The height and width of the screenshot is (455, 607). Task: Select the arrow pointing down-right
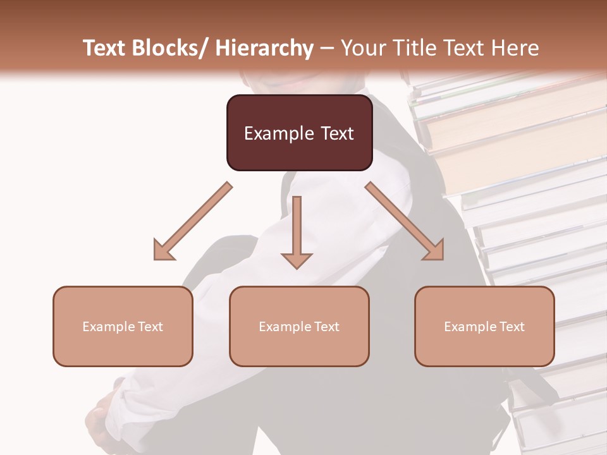405,221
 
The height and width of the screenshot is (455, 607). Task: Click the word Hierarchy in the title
264,48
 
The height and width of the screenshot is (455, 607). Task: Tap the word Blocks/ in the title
169,48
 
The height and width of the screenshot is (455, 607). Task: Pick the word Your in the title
363,48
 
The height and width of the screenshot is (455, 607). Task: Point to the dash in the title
327,48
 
